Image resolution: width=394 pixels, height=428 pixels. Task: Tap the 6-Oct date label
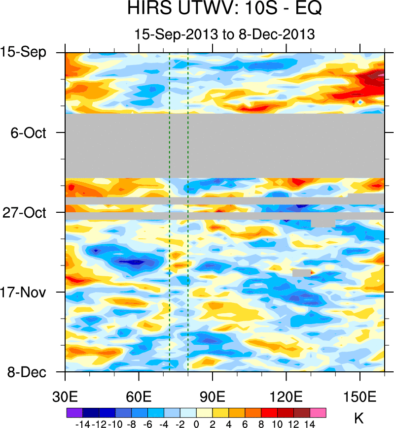point(28,132)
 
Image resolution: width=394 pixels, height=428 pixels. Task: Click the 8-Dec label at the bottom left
point(27,372)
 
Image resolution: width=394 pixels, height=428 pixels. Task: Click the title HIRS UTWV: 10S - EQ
point(224,10)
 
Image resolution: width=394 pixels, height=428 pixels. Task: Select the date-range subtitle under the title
point(224,34)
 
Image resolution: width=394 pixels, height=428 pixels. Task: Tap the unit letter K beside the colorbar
point(359,419)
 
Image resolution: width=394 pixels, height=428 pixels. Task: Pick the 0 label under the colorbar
point(196,423)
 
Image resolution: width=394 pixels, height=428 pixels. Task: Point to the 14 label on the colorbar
point(310,423)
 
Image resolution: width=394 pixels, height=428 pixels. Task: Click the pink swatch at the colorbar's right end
point(318,413)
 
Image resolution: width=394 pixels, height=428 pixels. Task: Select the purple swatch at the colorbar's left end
point(74,413)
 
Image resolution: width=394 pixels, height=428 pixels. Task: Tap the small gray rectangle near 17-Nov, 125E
point(301,272)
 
